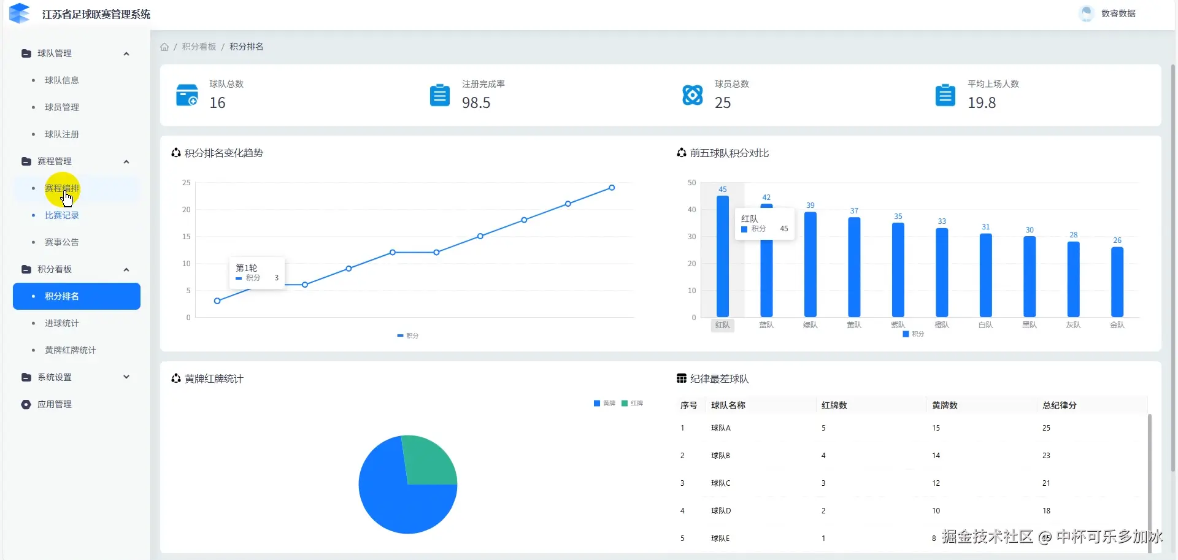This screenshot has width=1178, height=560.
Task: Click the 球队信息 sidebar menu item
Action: click(x=61, y=80)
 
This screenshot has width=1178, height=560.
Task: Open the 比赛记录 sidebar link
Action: click(x=61, y=215)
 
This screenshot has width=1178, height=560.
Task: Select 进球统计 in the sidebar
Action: click(x=61, y=323)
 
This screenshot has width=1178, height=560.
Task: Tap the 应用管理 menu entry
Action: click(x=55, y=404)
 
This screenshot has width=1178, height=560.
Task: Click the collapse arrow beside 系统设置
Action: click(x=126, y=377)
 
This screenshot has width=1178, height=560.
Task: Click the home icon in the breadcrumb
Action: click(x=164, y=47)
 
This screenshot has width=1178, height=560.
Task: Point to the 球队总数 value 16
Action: click(x=217, y=103)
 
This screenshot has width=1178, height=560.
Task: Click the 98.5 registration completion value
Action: click(x=476, y=103)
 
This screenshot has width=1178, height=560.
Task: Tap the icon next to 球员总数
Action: click(x=693, y=95)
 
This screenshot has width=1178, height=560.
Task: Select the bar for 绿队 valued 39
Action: click(x=810, y=264)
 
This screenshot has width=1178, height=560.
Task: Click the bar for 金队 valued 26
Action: click(x=1117, y=282)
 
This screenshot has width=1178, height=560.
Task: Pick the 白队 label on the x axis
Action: click(x=985, y=325)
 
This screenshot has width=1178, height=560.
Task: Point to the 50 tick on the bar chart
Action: click(x=691, y=183)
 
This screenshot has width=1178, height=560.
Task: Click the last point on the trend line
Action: click(x=612, y=188)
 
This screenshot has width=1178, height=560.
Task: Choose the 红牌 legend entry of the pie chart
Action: click(x=633, y=404)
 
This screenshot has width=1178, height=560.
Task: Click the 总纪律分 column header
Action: click(x=1059, y=405)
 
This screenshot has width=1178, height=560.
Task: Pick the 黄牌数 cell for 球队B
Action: click(x=936, y=456)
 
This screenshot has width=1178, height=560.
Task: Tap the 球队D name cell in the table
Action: click(x=721, y=511)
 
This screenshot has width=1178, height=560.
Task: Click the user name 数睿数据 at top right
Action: click(x=1118, y=13)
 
